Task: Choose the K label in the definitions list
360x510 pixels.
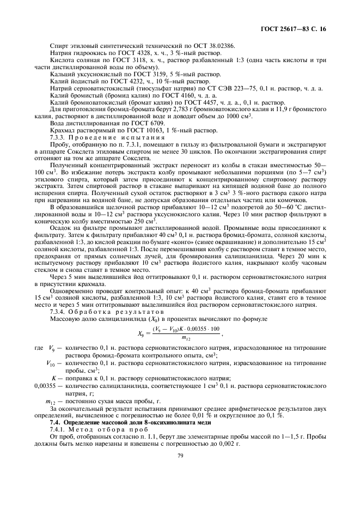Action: point(53,378)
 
